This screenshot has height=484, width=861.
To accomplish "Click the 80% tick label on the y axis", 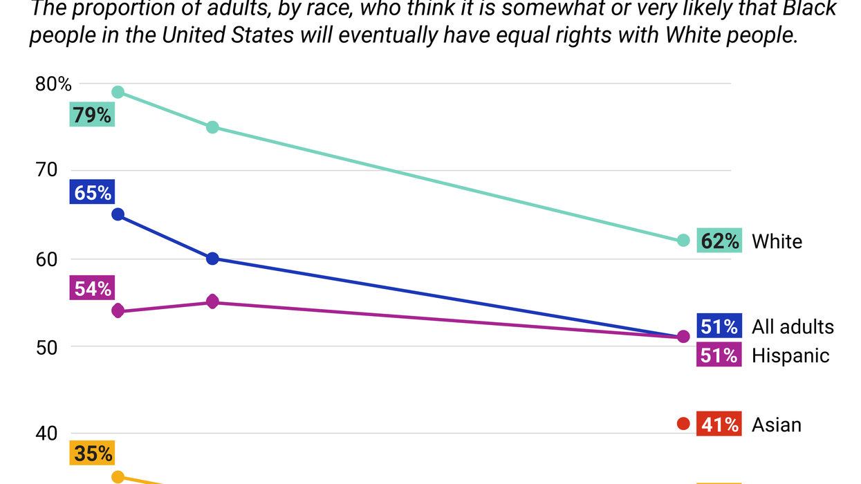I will click(54, 84).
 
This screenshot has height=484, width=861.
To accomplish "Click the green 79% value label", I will click(92, 114).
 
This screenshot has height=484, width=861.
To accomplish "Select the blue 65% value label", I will click(92, 192).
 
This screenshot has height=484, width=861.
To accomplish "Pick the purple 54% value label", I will click(92, 288).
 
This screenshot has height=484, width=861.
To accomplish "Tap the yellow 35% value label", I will click(92, 453).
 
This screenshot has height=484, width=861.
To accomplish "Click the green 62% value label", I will click(719, 241).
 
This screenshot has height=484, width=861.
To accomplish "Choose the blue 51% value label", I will click(719, 326).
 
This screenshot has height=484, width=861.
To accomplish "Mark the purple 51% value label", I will click(719, 355).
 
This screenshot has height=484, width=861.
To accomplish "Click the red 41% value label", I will click(719, 424).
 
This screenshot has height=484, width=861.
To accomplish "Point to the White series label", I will click(777, 241).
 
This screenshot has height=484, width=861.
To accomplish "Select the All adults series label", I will click(793, 326).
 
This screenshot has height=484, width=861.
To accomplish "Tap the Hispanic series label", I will click(790, 355).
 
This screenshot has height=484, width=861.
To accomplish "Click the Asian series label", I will click(777, 425).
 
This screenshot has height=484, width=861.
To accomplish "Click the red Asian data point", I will click(683, 424).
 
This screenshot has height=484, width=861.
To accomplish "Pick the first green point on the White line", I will click(118, 93).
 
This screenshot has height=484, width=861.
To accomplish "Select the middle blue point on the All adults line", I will click(212, 259).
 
